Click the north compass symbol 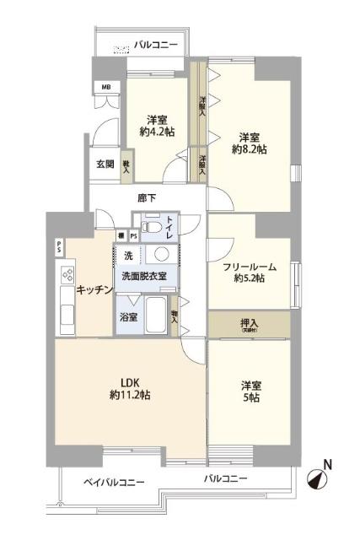coord(318,478)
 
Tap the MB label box coord(106,87)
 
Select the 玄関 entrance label coord(105,164)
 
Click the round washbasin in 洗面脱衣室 coord(162,256)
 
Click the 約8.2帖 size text coord(249,149)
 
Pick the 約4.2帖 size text coord(158,132)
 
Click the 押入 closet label coord(249,321)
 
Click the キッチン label coord(94,290)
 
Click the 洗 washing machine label coord(128,255)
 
